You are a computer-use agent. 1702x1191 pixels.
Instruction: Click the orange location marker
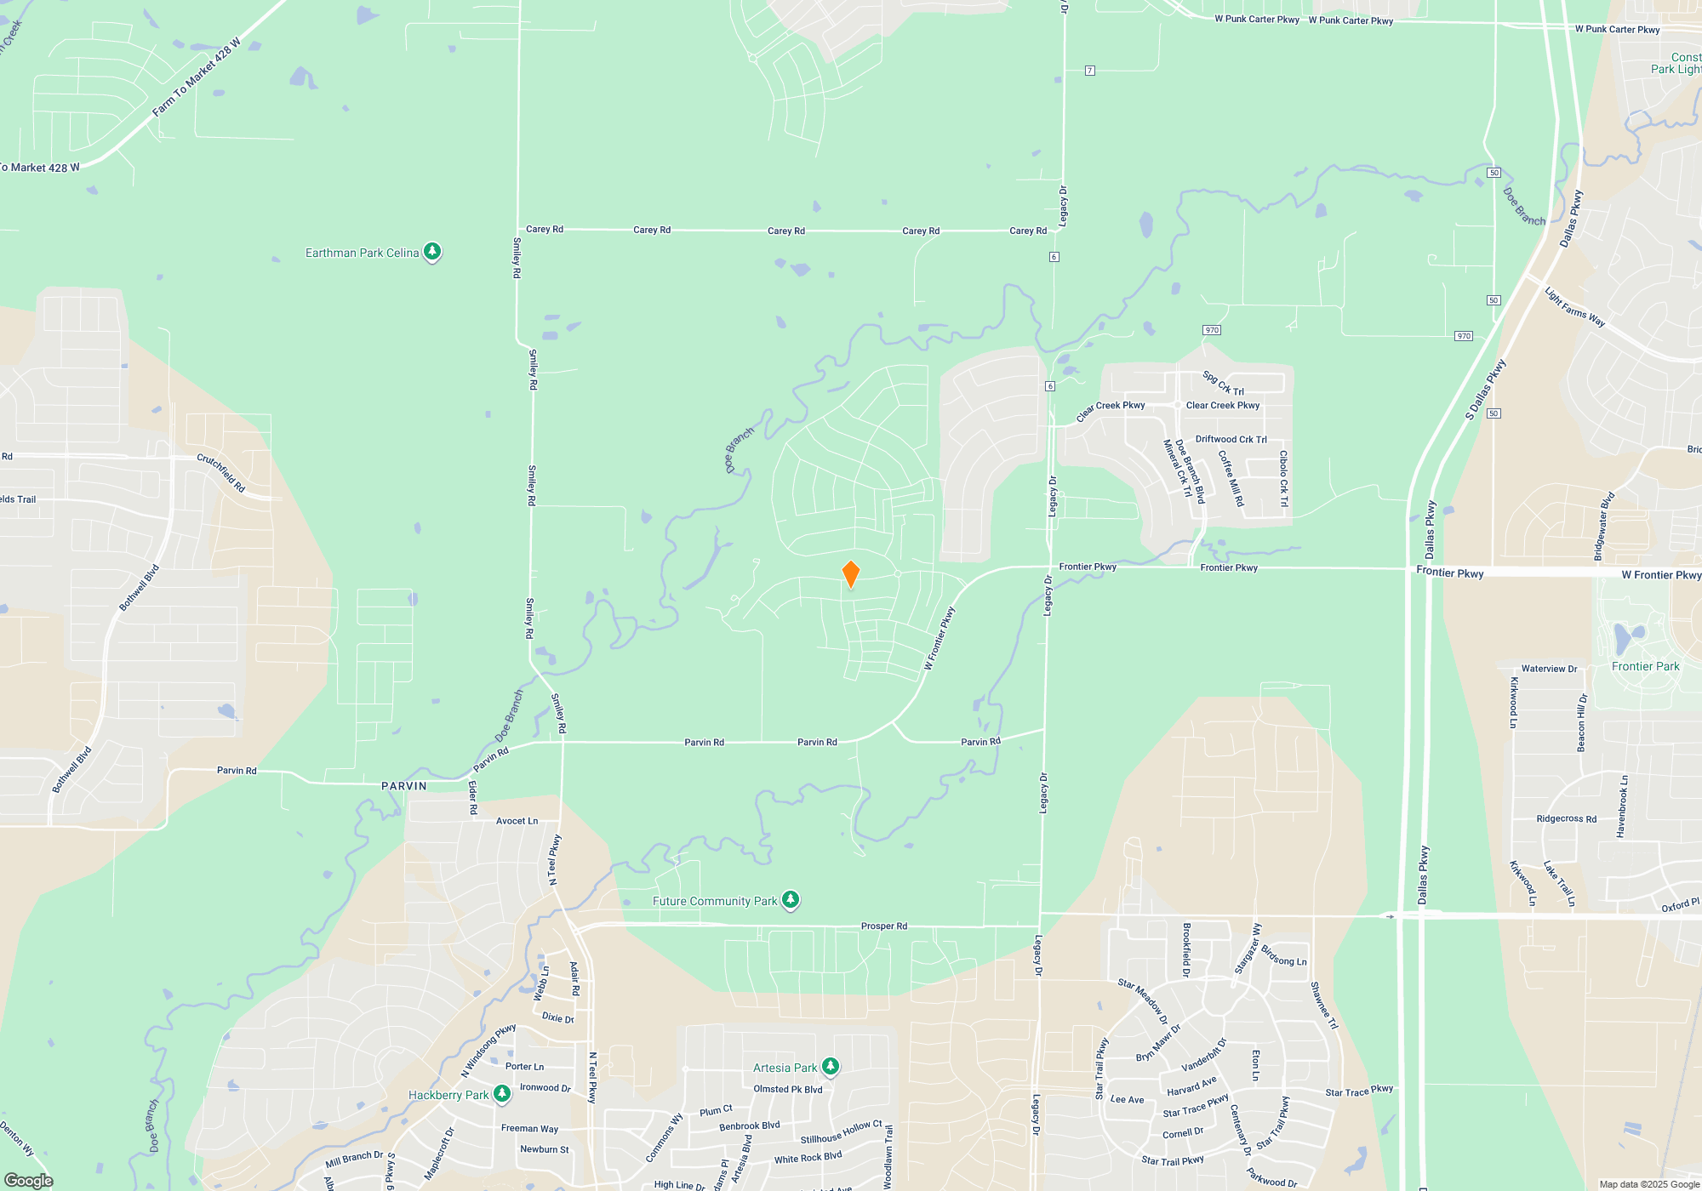850,574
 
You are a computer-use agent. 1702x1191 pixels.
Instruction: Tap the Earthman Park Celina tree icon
432,252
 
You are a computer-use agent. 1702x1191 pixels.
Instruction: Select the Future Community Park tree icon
791,899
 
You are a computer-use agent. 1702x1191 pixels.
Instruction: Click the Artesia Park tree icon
831,1066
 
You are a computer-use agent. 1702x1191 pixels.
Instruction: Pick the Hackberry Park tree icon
502,1093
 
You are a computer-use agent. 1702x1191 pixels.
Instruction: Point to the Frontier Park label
1645,666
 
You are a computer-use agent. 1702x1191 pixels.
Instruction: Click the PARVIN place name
404,786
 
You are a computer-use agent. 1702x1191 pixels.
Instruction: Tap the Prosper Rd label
884,926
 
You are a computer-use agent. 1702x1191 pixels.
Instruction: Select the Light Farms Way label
1574,306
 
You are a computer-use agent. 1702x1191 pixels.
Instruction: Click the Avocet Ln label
517,821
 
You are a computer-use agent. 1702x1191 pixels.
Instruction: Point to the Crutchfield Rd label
221,472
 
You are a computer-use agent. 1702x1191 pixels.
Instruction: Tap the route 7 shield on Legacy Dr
1090,71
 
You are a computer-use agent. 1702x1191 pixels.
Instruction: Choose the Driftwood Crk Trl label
1231,439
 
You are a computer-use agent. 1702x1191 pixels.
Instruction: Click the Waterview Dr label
1549,669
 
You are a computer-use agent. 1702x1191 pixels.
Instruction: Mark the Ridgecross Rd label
1566,819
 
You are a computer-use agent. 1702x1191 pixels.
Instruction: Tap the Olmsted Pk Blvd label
788,1089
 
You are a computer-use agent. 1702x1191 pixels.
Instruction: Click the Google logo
29,1180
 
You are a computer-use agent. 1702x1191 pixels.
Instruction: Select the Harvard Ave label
1191,1086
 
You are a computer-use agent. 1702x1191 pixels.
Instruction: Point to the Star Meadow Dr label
1143,1000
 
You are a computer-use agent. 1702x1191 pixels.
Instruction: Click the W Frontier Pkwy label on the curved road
940,638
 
